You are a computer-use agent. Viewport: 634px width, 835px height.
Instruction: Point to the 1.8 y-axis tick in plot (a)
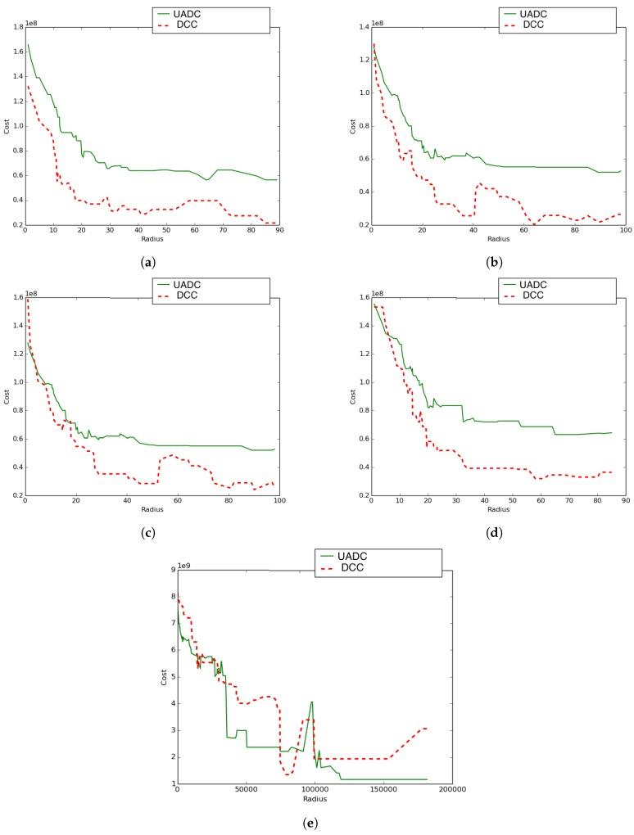pos(16,26)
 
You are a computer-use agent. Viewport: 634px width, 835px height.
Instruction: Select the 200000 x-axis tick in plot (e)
pos(451,791)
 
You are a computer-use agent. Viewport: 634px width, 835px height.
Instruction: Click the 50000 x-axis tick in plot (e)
pos(246,791)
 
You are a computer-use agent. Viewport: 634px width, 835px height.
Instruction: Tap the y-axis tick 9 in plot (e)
pos(171,569)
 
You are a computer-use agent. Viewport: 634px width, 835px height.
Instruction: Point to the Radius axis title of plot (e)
pos(315,799)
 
